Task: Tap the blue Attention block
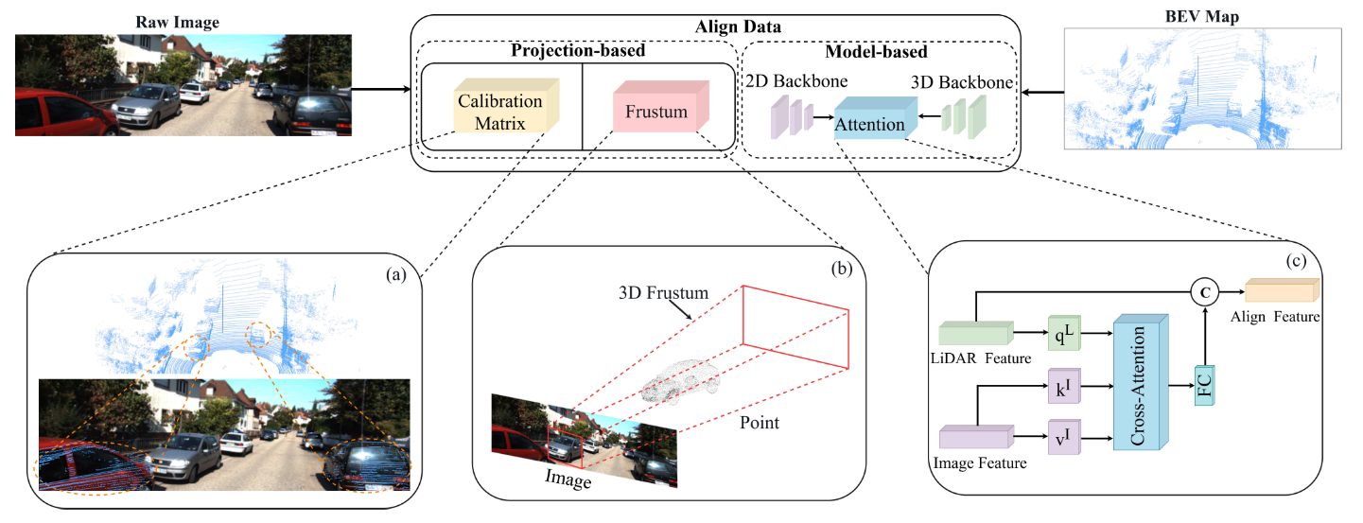[x=868, y=122]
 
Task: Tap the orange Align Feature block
[x=1279, y=293]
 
